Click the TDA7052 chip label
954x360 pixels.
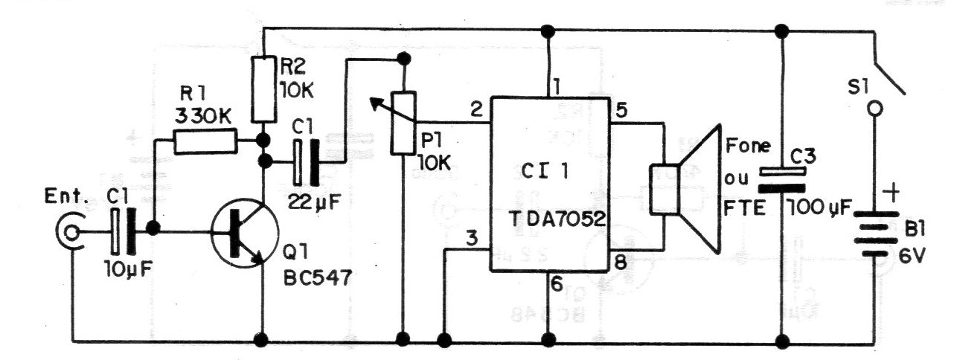pos(557,219)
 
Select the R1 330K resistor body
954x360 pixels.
pos(205,142)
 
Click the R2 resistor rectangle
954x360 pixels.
pos(264,89)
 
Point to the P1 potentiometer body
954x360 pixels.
pos(403,123)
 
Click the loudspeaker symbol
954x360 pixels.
pos(685,189)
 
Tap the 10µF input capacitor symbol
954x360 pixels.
pos(123,232)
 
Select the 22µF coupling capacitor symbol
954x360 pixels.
pos(306,162)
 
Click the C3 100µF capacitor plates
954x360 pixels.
pos(782,179)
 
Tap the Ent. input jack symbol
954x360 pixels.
pos(70,232)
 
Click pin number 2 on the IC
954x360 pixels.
pos(476,110)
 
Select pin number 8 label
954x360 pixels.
pos(620,263)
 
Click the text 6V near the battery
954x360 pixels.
pos(912,256)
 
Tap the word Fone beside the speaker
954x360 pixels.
pos(748,146)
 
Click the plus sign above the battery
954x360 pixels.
pos(891,193)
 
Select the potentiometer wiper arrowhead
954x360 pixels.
pos(376,103)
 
